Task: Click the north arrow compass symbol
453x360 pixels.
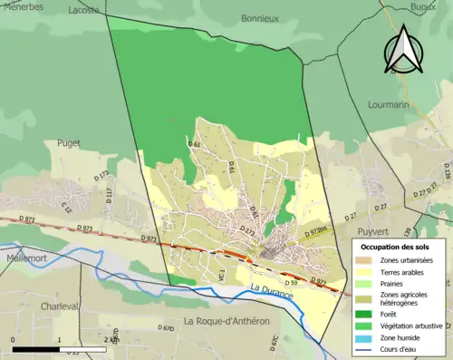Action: [x=405, y=50]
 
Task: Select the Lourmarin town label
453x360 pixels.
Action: [x=389, y=104]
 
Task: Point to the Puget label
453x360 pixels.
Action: [x=69, y=142]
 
